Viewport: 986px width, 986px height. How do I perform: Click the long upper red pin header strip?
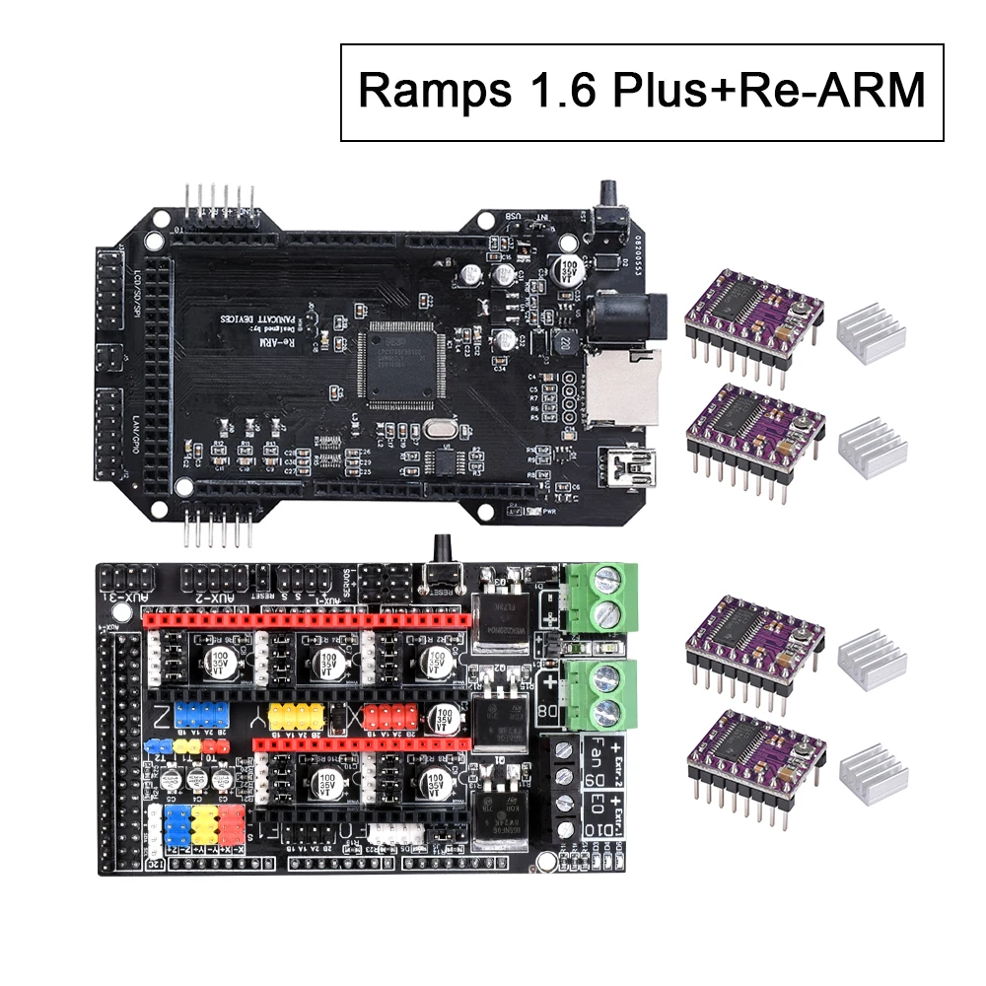coord(306,621)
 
